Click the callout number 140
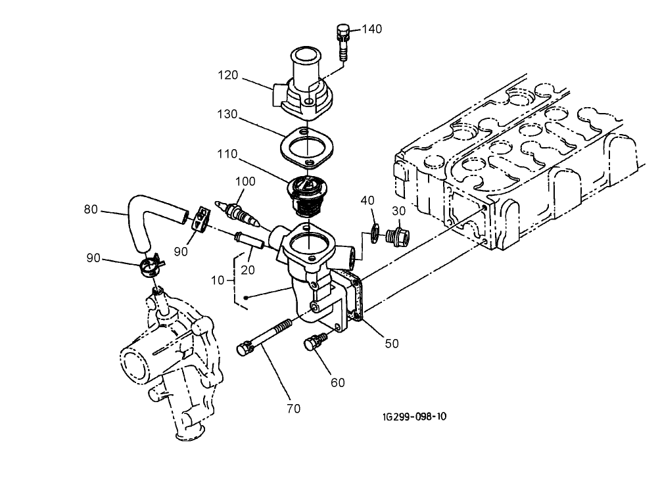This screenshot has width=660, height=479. point(371,30)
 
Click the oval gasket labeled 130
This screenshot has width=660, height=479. point(306,147)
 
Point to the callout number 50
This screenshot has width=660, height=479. point(392,343)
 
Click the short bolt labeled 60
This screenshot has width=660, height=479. point(316,342)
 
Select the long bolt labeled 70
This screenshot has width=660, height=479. point(266,337)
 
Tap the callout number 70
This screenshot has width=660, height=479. point(293,409)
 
